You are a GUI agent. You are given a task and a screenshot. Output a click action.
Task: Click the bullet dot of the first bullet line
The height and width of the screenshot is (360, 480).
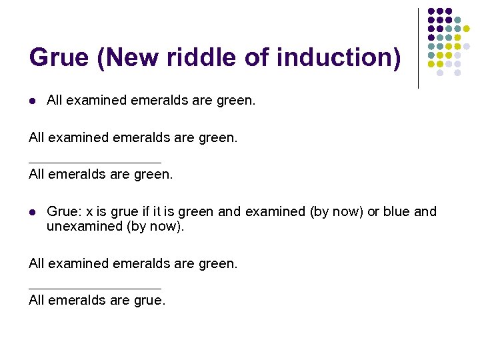tap(32, 101)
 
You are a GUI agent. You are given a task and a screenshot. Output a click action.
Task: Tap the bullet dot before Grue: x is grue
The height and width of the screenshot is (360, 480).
tap(32, 213)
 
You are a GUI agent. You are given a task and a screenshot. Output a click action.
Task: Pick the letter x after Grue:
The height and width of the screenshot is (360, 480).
tap(87, 212)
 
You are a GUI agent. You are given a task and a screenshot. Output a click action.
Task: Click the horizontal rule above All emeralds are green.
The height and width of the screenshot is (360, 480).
tap(95, 162)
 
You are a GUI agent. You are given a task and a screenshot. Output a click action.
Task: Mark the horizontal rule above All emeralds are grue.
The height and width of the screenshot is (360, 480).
tap(95, 288)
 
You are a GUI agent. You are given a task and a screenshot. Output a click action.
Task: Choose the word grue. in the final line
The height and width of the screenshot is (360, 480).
tap(149, 301)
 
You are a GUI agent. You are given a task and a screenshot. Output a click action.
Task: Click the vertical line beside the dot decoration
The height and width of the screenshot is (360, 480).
tap(418, 48)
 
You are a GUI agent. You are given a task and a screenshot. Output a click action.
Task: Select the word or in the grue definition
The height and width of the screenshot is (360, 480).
tap(373, 212)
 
